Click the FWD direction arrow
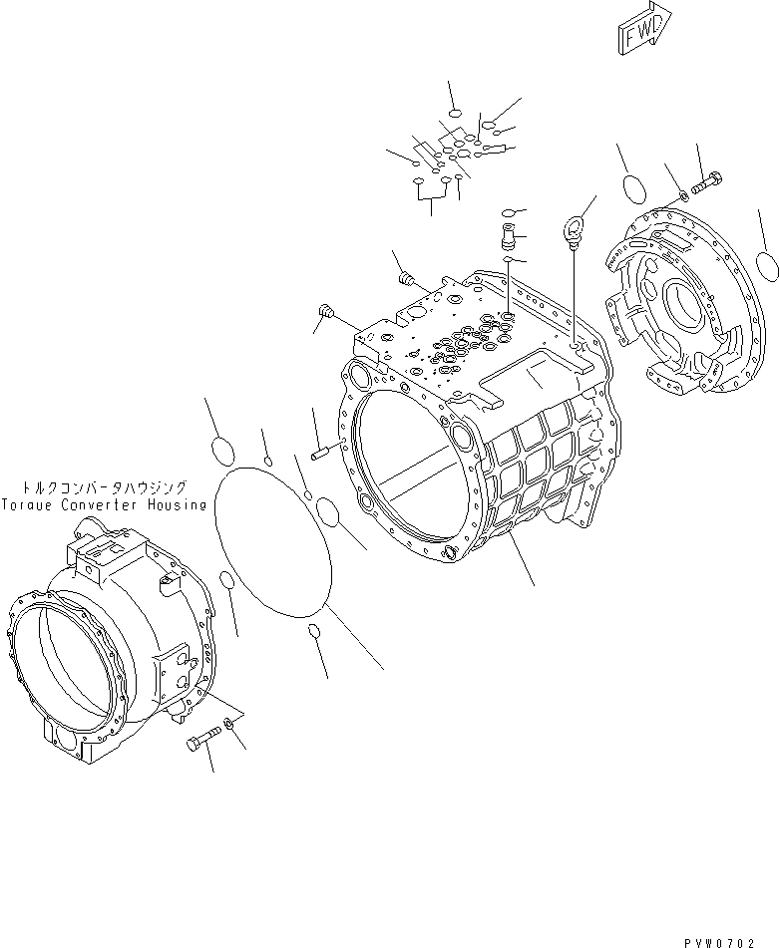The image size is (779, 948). coord(643,29)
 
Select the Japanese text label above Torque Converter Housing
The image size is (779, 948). coord(104,487)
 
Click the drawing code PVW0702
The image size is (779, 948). coord(720,943)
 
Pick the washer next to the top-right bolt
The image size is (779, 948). coord(682,194)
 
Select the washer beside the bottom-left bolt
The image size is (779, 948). coord(228,722)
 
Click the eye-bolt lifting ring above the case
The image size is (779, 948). coord(573,229)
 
